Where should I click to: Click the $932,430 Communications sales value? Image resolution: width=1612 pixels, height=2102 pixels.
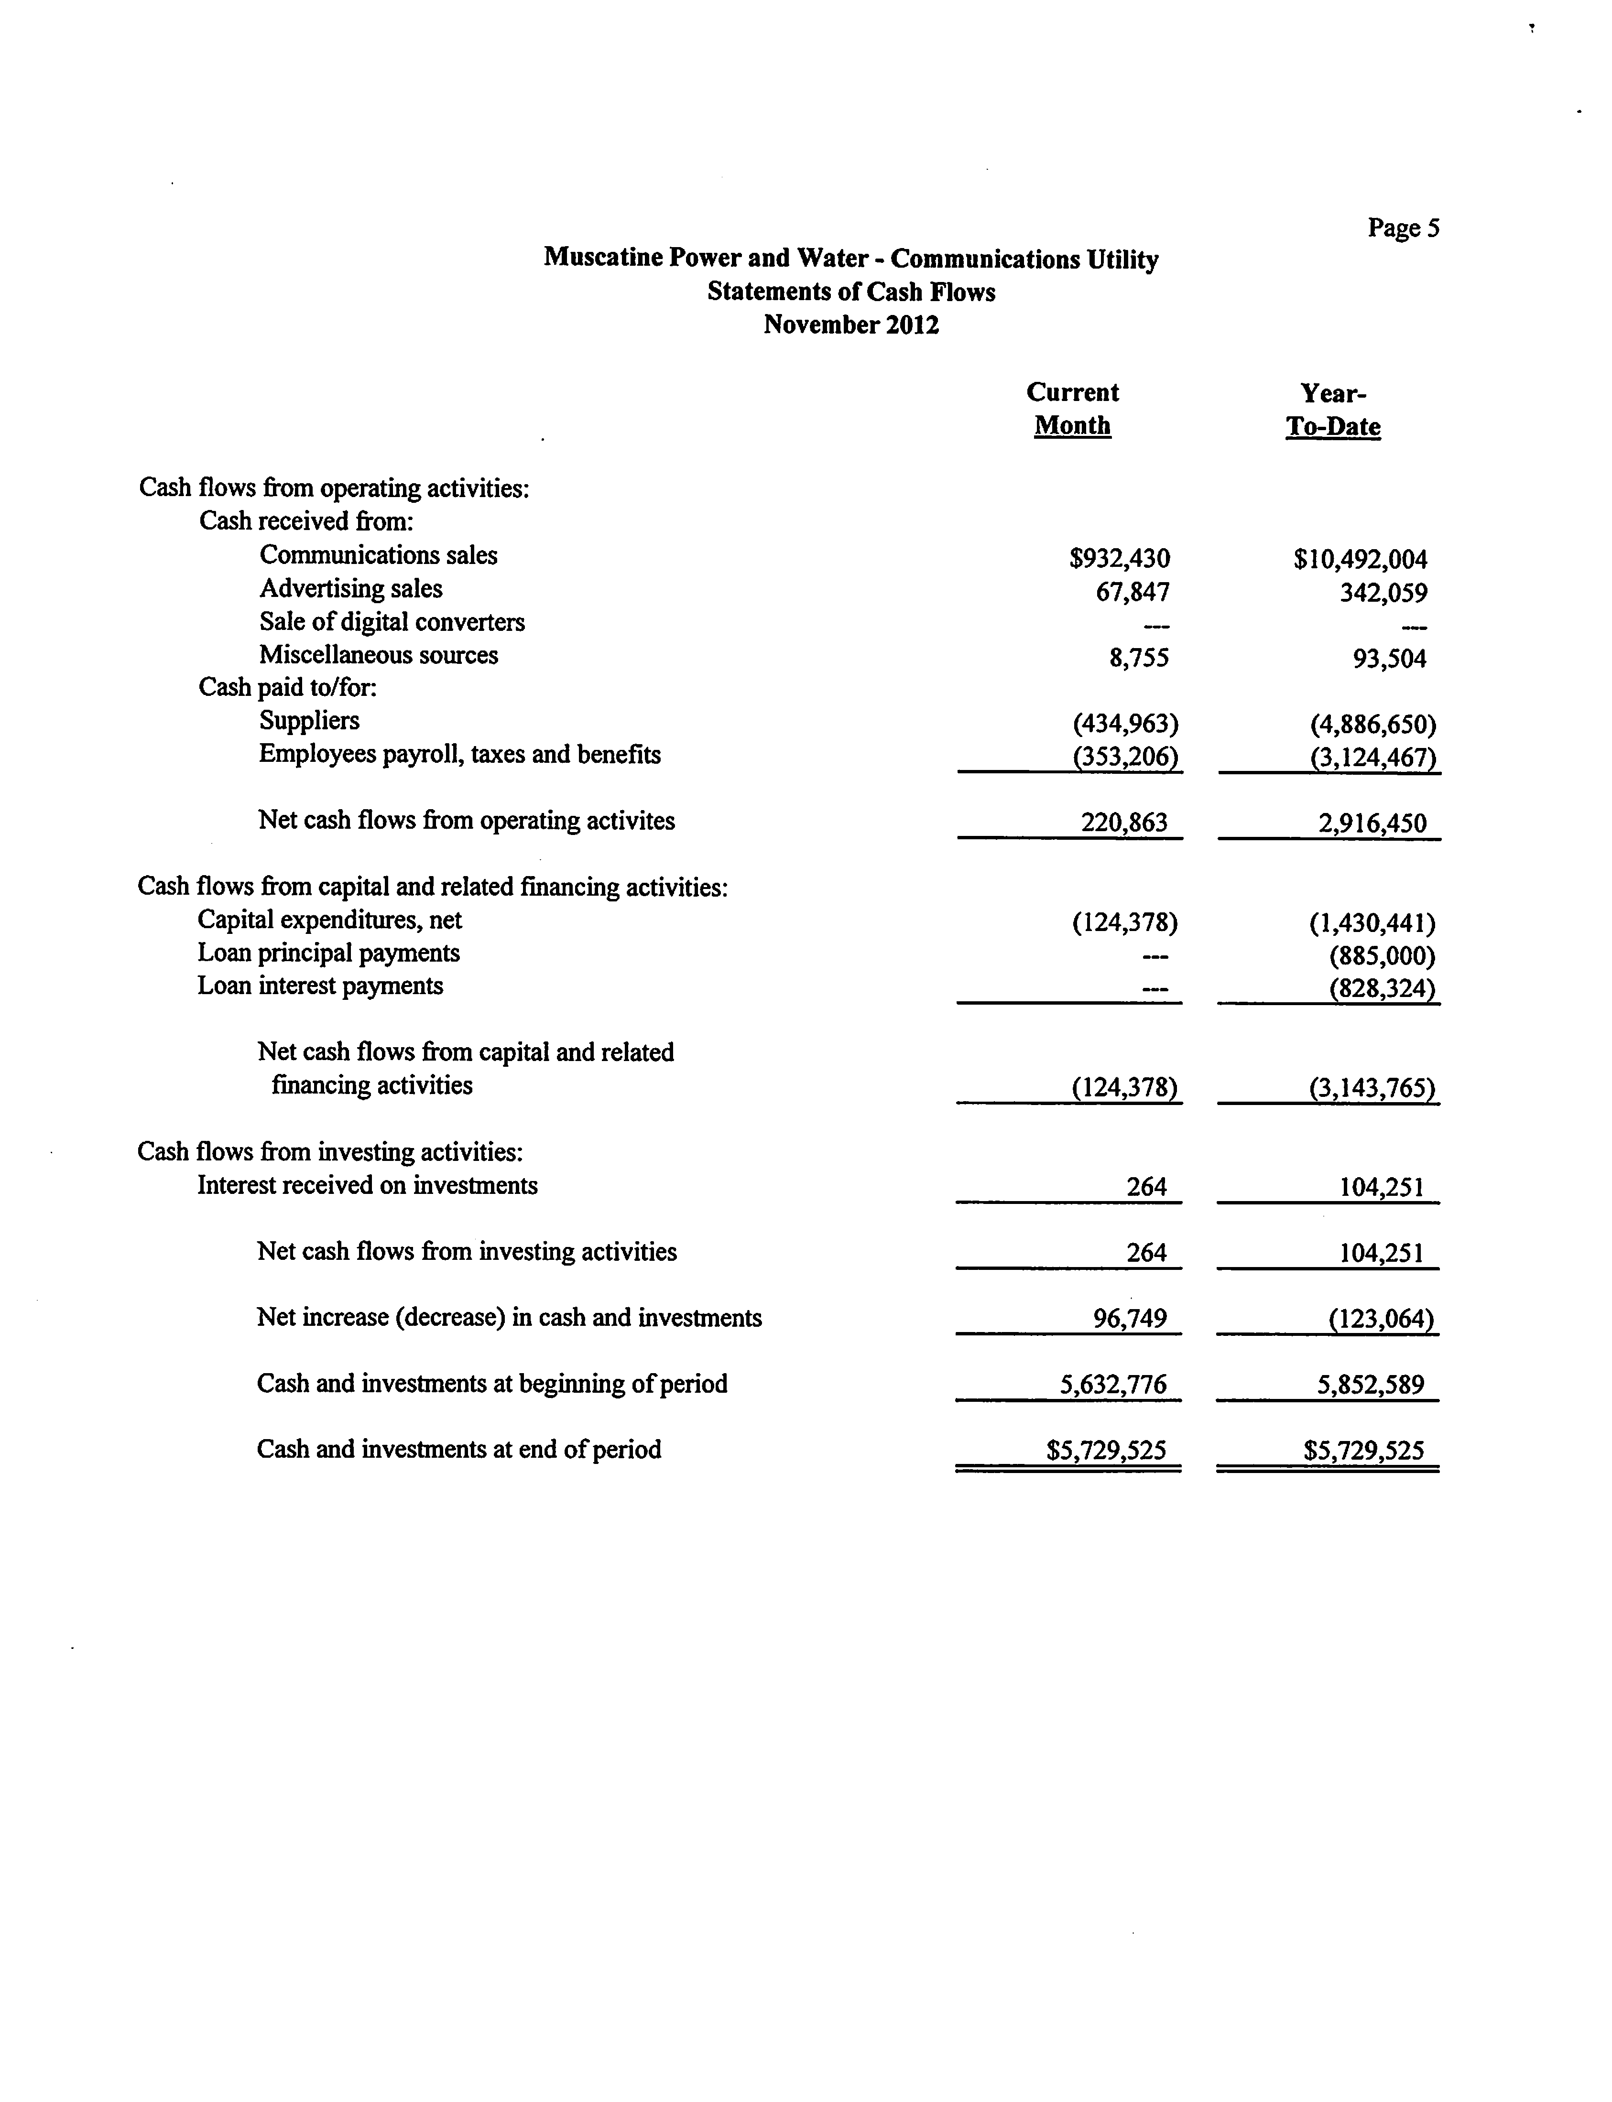[1120, 558]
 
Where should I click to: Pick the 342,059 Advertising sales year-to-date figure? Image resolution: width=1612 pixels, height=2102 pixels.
[1383, 592]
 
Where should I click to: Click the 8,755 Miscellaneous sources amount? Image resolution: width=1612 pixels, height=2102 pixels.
[1139, 658]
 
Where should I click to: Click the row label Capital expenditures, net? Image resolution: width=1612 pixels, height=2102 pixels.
[329, 920]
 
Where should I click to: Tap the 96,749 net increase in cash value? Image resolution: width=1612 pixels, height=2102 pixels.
[1130, 1318]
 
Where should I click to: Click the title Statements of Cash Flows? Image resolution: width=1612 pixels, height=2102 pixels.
[851, 292]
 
